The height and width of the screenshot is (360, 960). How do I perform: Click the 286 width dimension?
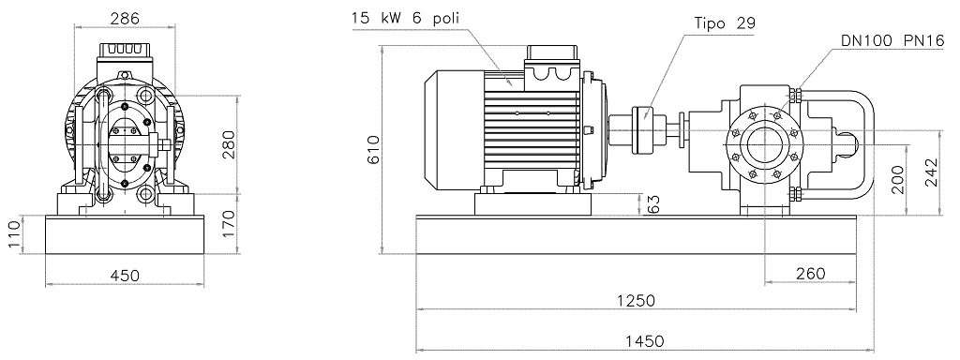pyautogui.click(x=125, y=19)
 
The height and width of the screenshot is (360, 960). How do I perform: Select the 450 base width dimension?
pyautogui.click(x=125, y=276)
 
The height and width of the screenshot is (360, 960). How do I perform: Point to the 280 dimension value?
pyautogui.click(x=228, y=144)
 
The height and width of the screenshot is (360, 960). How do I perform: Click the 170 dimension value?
pyautogui.click(x=228, y=224)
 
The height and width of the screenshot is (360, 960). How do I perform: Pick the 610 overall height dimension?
pyautogui.click(x=373, y=149)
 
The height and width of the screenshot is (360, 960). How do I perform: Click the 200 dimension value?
pyautogui.click(x=897, y=179)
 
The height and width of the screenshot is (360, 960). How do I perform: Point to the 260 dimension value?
pyautogui.click(x=810, y=273)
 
